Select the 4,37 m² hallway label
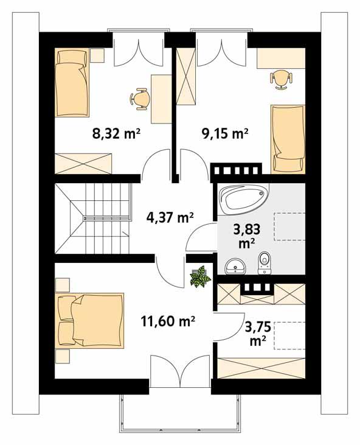coord(170,217)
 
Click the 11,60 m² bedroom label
coord(167,321)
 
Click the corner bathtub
coord(243,200)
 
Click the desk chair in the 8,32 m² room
coord(140,98)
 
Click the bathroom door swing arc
coord(199,237)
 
